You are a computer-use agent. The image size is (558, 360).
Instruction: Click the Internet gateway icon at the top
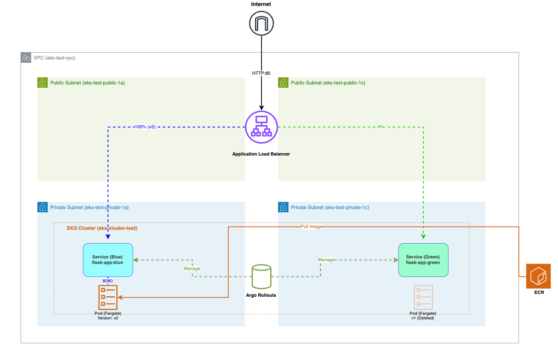261,23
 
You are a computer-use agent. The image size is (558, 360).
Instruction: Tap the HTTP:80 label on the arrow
261,73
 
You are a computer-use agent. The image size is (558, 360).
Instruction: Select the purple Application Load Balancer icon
261,127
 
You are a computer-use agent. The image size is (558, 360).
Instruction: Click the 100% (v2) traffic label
144,126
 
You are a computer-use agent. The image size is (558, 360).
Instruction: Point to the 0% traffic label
381,126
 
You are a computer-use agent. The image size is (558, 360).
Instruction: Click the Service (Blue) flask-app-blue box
108,260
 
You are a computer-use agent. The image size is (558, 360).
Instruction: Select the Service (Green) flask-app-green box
423,260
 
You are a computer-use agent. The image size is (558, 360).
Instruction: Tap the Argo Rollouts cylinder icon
261,277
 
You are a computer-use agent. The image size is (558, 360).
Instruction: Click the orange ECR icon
538,276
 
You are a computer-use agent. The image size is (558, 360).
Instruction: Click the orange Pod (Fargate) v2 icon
108,297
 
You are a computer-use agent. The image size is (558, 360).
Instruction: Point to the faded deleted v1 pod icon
423,297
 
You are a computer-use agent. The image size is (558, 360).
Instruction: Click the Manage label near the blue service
192,268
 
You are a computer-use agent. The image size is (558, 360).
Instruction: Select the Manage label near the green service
326,260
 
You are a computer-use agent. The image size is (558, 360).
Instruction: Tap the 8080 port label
108,280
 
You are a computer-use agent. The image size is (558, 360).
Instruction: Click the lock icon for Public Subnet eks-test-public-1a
42,83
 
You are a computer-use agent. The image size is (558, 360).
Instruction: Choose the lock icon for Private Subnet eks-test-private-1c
283,207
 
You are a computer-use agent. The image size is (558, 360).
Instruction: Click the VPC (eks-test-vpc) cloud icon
26,58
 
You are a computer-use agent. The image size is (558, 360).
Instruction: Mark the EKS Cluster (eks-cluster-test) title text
102,228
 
